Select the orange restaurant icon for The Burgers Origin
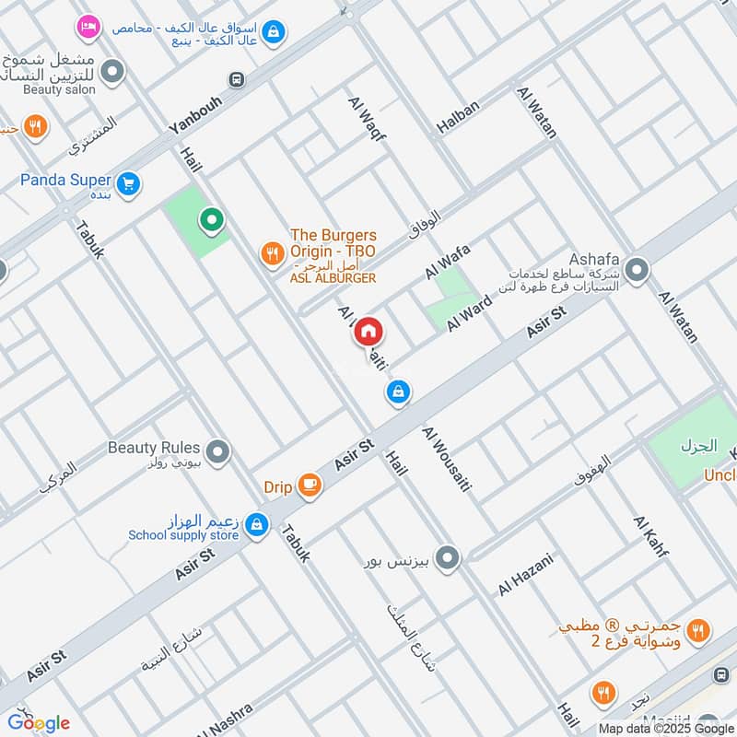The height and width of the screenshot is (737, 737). coord(272,252)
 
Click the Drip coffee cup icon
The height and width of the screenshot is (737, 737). coord(310,485)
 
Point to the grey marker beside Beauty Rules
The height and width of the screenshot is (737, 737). coord(217,451)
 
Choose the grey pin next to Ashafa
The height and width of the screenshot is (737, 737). coord(636,271)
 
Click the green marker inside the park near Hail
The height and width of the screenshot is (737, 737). coord(212,220)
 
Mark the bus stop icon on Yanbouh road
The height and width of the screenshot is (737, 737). coord(238,80)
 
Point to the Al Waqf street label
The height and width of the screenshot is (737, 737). coord(367,118)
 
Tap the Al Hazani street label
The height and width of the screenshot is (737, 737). coord(526,573)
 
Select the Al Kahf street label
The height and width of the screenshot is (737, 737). coord(650,537)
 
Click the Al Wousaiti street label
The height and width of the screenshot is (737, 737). coord(446,458)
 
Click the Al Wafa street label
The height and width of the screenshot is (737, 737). coord(448,261)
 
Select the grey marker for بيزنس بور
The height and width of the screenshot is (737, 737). coord(448,558)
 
